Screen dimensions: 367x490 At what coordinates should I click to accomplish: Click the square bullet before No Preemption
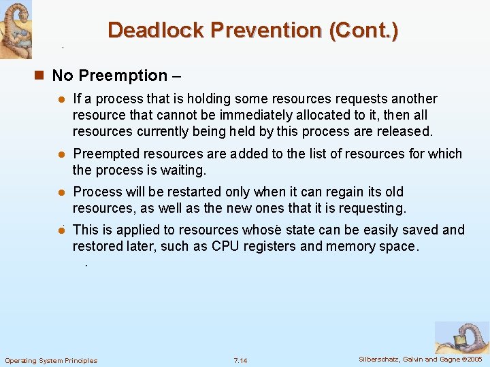coord(42,75)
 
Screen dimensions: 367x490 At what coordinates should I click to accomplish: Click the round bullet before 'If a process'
coord(61,100)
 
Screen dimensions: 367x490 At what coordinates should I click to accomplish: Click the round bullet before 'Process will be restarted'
coord(61,192)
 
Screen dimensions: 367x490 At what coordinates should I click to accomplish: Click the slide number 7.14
coord(240,360)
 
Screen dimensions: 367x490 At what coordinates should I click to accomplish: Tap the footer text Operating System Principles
coord(51,360)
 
